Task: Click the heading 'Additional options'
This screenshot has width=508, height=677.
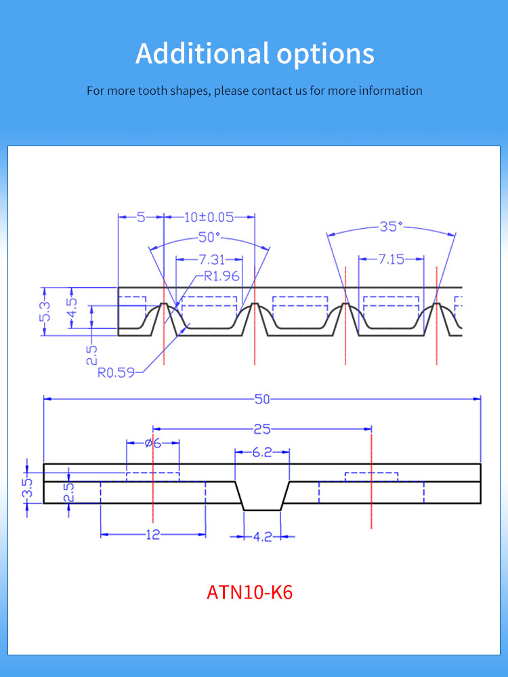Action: click(255, 53)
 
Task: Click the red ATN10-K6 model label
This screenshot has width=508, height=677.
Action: click(250, 592)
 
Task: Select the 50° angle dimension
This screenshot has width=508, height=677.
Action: click(209, 237)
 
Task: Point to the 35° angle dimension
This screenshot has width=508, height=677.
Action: click(390, 227)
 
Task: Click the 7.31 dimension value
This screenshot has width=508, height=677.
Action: click(208, 259)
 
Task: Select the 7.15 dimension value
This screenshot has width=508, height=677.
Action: click(390, 259)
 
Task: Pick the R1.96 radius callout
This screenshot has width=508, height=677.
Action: click(221, 276)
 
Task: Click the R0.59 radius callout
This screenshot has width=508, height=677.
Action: click(116, 372)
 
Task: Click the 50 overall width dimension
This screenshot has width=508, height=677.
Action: click(262, 399)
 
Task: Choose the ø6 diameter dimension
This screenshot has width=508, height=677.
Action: click(153, 443)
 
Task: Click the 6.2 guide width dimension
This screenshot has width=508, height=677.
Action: click(262, 452)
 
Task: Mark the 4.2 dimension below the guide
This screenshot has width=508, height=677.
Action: click(262, 537)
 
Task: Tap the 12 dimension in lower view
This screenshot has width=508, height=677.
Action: click(152, 535)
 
